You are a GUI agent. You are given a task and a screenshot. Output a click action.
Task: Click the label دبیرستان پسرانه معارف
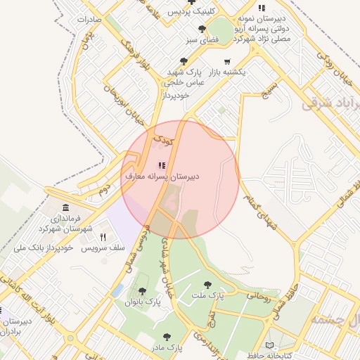click(162, 176)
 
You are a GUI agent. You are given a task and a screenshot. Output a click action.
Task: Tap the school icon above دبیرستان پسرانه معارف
click(162, 165)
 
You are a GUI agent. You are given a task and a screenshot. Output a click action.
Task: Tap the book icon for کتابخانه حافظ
click(271, 345)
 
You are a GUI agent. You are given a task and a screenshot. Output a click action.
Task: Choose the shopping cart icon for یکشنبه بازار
click(227, 62)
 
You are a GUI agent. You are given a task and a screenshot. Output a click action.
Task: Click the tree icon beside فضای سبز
click(202, 29)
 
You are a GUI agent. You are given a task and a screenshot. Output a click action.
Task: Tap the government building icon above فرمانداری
click(65, 207)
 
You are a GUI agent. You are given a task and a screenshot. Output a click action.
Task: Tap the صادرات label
click(88, 19)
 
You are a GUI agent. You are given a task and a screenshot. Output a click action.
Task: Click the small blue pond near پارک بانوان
click(117, 290)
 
